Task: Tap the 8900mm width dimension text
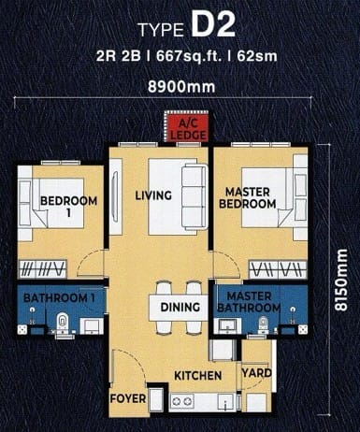(x=181, y=87)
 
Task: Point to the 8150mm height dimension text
(x=340, y=280)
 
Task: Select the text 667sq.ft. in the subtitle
(x=189, y=56)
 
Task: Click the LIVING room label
(x=153, y=195)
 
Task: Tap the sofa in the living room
(x=194, y=196)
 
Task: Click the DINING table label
(x=180, y=308)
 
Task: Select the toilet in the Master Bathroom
(x=264, y=324)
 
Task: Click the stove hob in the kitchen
(x=182, y=400)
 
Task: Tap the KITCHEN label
(x=198, y=376)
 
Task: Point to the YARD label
(x=256, y=373)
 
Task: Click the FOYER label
(x=128, y=398)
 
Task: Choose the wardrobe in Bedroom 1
(x=43, y=269)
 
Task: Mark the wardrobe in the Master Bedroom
(x=278, y=269)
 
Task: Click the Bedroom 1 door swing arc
(x=88, y=257)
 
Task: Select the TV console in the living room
(x=115, y=196)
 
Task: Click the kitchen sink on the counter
(x=225, y=401)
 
